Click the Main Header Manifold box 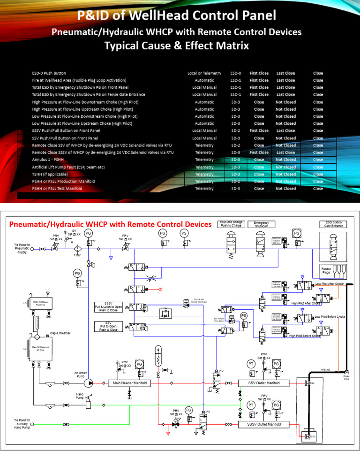pyautogui.click(x=130, y=383)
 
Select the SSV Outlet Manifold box pyautogui.click(x=264, y=383)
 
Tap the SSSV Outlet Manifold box pyautogui.click(x=264, y=424)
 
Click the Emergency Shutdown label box pyautogui.click(x=261, y=224)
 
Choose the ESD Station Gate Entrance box pyautogui.click(x=333, y=224)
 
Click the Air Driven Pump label pyautogui.click(x=81, y=375)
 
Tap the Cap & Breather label pyautogui.click(x=60, y=333)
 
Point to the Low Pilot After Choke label pyautogui.click(x=330, y=284)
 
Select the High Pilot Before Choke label pyautogui.click(x=305, y=336)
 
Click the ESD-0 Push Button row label pyautogui.click(x=49, y=73)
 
